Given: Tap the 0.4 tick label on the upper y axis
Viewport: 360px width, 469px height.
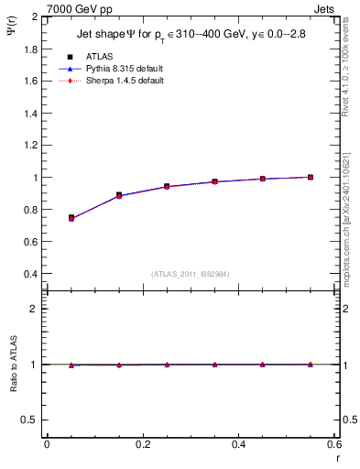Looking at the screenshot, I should (x=31, y=274).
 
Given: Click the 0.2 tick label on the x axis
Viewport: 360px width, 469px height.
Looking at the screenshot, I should (x=142, y=444).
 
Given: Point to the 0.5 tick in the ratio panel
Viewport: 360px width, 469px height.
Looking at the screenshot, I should (x=31, y=420).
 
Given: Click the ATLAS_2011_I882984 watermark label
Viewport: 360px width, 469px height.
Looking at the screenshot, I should (x=191, y=273).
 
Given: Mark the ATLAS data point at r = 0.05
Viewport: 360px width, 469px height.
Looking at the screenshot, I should (x=71, y=218).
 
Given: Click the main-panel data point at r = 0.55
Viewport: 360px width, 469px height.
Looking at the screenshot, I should (x=311, y=177).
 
